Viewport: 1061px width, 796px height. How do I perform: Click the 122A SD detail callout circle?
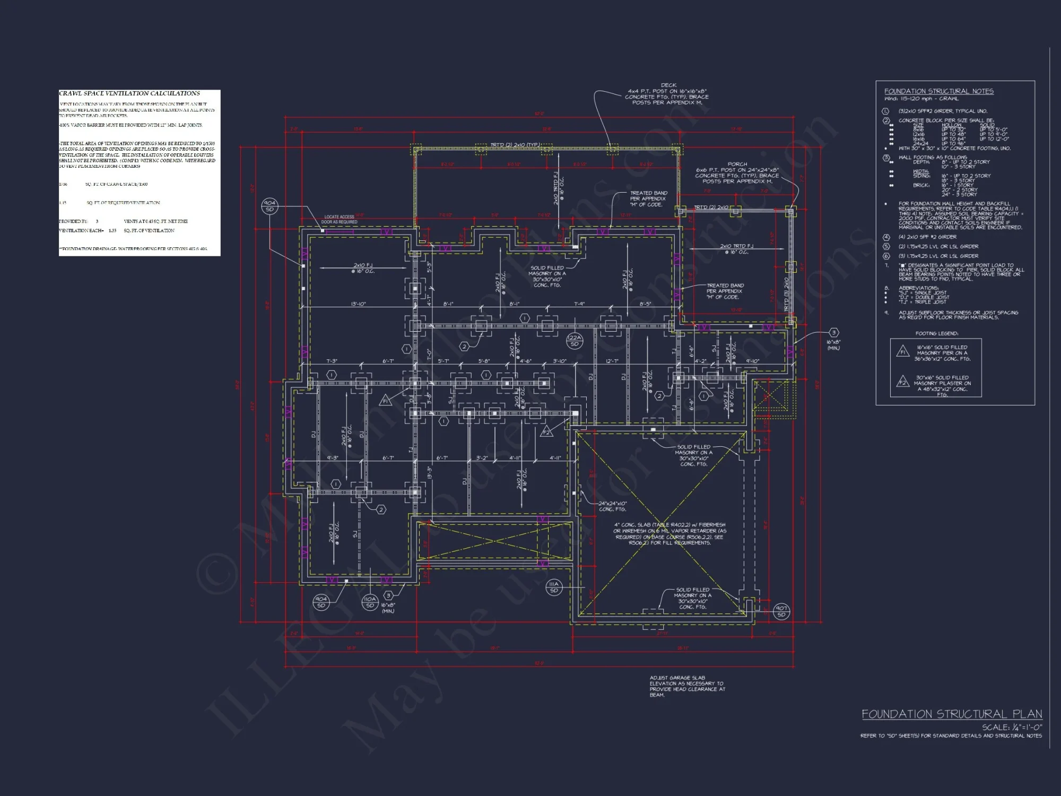coord(574,341)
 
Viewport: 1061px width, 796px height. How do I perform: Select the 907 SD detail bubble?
coord(781,611)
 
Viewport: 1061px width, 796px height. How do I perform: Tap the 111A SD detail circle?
coord(554,587)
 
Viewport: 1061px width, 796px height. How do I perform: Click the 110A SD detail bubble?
coord(370,602)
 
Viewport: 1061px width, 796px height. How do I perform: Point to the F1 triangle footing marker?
coord(386,401)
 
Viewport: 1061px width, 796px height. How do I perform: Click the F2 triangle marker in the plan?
coord(546,432)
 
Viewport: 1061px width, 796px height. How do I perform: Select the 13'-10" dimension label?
coord(358,304)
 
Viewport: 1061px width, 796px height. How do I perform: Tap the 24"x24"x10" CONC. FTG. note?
coord(613,506)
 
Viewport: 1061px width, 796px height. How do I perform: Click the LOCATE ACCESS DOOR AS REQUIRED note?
coord(340,219)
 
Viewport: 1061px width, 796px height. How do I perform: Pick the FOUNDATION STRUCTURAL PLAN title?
coord(952,714)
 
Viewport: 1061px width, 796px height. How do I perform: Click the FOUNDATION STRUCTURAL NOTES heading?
coord(938,91)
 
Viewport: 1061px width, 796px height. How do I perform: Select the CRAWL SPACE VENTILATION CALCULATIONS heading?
coord(129,93)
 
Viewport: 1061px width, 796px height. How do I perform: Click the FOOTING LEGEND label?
coord(936,333)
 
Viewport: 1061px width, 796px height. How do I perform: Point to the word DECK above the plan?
coord(668,85)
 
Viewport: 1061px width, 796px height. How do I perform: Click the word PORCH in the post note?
coord(737,164)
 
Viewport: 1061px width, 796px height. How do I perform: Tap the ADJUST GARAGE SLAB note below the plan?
coord(687,686)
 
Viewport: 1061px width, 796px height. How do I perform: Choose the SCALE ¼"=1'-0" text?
coord(1012,727)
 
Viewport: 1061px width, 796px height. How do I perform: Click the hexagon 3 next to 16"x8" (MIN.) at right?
coord(833,333)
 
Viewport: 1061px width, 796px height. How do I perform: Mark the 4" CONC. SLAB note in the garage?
coord(669,533)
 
